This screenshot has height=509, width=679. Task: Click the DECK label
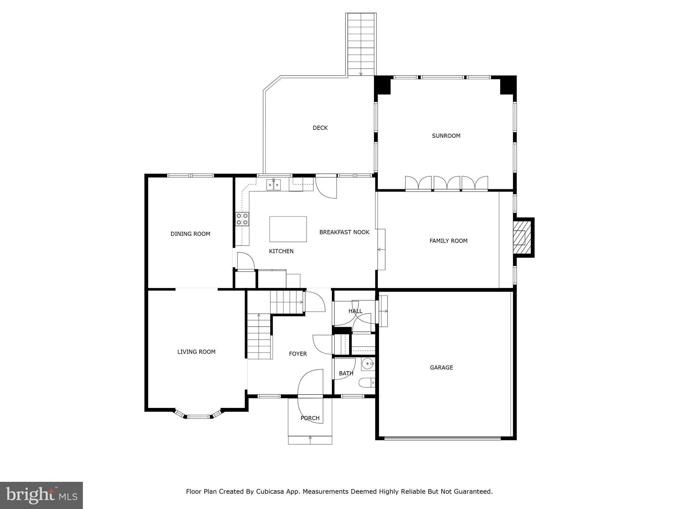click(x=320, y=128)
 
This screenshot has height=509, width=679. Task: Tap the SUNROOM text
click(x=446, y=136)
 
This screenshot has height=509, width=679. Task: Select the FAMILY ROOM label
click(x=448, y=241)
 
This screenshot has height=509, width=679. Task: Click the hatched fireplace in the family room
click(x=522, y=237)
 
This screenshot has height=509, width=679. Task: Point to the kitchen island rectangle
click(x=288, y=229)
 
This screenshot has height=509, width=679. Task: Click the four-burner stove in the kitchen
click(x=242, y=219)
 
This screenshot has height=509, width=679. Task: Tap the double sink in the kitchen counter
click(x=274, y=185)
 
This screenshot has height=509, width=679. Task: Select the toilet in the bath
click(x=367, y=383)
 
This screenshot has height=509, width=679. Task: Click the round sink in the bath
click(x=367, y=364)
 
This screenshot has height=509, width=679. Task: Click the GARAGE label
click(x=441, y=368)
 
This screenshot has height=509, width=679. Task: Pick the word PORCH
click(x=310, y=418)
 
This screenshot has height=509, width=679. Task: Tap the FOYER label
click(x=298, y=354)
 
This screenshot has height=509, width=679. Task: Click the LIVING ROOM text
click(x=196, y=352)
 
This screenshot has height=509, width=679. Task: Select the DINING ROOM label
click(x=190, y=234)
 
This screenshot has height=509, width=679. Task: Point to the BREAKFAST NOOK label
click(x=344, y=232)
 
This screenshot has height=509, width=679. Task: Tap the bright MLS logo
click(x=41, y=495)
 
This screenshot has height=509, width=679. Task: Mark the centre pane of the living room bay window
click(x=199, y=417)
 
